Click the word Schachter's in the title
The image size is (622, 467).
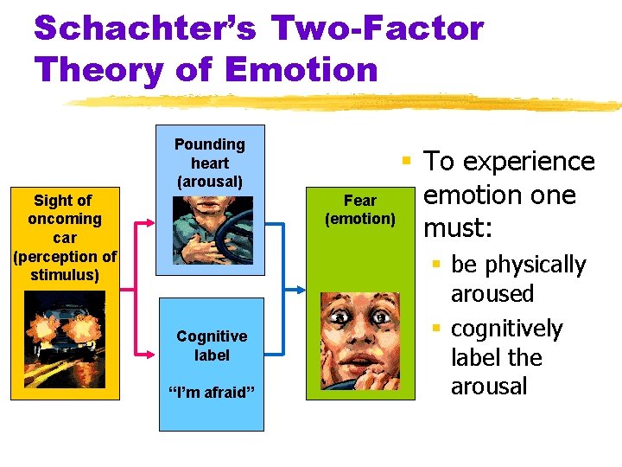145,29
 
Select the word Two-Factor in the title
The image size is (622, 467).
377,29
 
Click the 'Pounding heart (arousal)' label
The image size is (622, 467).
210,163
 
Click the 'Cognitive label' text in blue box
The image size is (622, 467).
212,345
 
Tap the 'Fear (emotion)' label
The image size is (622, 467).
360,209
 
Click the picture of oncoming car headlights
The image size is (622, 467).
65,342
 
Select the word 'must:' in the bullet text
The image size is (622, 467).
458,228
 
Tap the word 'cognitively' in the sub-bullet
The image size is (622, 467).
506,329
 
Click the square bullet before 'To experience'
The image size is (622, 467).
404,160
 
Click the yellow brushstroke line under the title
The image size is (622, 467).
346,101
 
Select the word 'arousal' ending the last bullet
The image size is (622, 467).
489,386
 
